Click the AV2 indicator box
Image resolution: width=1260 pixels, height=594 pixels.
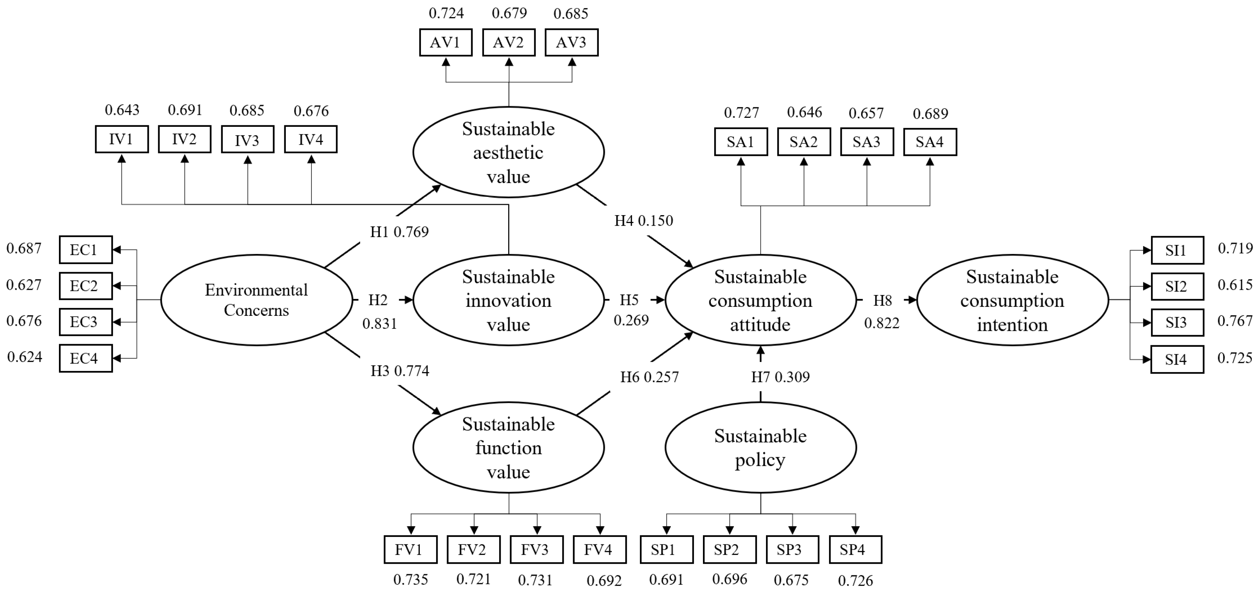[x=508, y=43]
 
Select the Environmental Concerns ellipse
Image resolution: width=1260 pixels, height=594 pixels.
[x=256, y=300]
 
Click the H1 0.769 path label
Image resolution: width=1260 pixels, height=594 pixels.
[x=399, y=232]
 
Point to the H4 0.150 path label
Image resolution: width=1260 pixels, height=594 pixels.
[x=644, y=221]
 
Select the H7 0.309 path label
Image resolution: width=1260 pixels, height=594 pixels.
[x=780, y=377]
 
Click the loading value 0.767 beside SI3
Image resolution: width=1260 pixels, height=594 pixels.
[x=1235, y=321]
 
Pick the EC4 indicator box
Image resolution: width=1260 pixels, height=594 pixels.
[x=85, y=358]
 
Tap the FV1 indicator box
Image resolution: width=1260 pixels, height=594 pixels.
[x=410, y=550]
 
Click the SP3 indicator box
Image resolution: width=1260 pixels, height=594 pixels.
[x=792, y=550]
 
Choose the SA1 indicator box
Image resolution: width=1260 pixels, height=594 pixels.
[x=741, y=142]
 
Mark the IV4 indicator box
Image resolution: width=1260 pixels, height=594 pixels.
[x=310, y=140]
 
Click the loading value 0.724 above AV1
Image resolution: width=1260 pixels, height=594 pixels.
[x=446, y=13]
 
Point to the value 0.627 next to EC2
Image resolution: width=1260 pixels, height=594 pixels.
[x=24, y=285]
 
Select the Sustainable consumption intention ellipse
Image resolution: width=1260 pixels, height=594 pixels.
[x=1012, y=300]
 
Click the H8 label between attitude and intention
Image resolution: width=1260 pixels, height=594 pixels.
[x=882, y=301]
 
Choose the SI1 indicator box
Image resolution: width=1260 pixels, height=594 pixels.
[x=1177, y=250]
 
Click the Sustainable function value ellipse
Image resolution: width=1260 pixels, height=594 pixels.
[x=508, y=447]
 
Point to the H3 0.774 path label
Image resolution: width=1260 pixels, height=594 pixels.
[x=400, y=371]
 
